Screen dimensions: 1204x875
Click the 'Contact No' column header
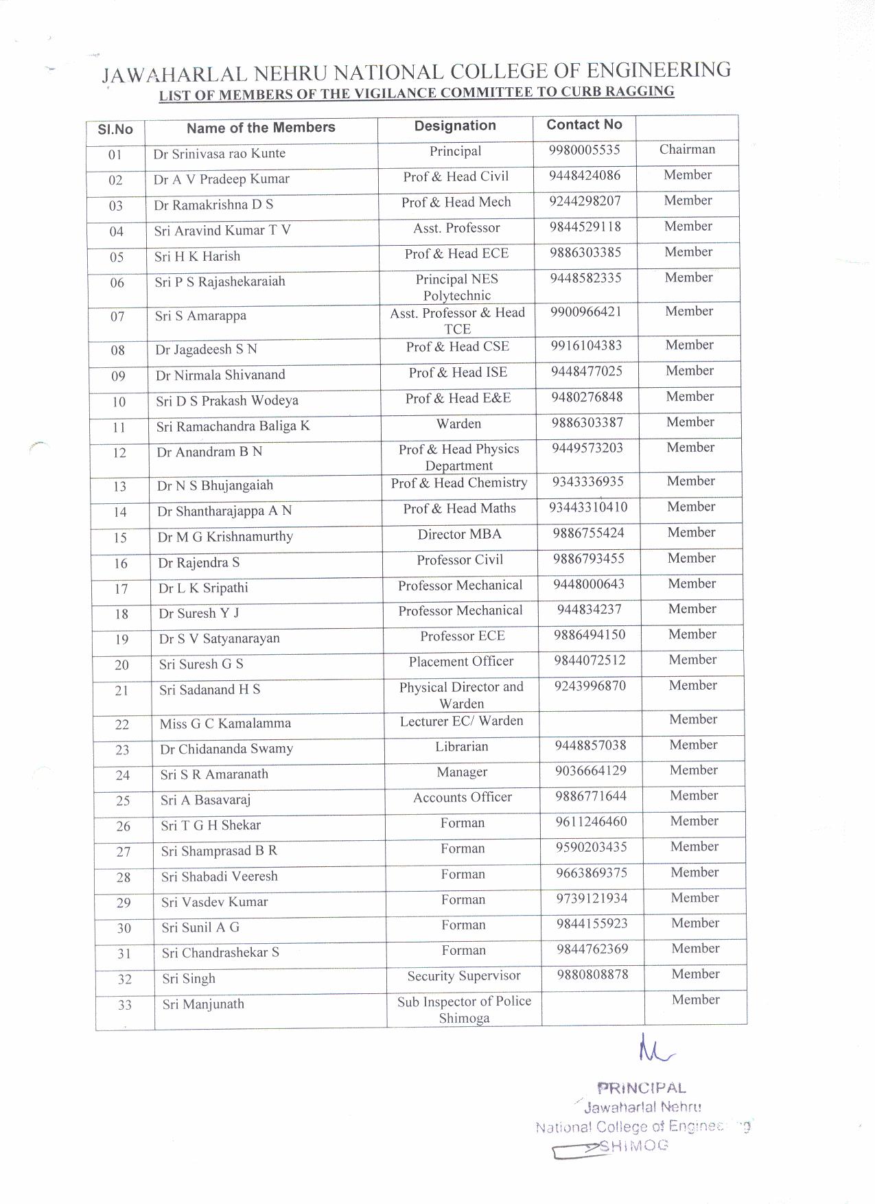coord(584,125)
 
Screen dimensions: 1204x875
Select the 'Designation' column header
coord(455,126)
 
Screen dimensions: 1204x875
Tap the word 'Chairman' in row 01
coord(687,150)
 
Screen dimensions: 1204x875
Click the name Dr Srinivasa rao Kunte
coord(219,154)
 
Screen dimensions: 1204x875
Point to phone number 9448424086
coord(585,176)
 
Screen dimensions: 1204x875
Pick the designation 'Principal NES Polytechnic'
coord(457,287)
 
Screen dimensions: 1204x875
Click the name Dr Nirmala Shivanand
coord(220,375)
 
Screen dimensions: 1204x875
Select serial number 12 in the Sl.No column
coord(119,453)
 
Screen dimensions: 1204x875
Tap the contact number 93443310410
coord(588,507)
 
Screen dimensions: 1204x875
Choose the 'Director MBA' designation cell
coord(460,534)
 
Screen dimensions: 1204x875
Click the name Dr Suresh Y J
coord(199,613)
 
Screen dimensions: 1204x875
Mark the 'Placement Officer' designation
coord(461,662)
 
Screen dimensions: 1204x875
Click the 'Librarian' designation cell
coord(462,746)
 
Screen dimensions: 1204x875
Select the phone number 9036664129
coord(591,771)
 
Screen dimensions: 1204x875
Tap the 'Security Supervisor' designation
coord(464,976)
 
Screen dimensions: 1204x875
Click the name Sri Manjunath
coord(203,1004)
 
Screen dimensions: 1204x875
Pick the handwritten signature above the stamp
coord(655,1049)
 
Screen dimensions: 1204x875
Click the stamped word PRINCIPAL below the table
coord(642,1088)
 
